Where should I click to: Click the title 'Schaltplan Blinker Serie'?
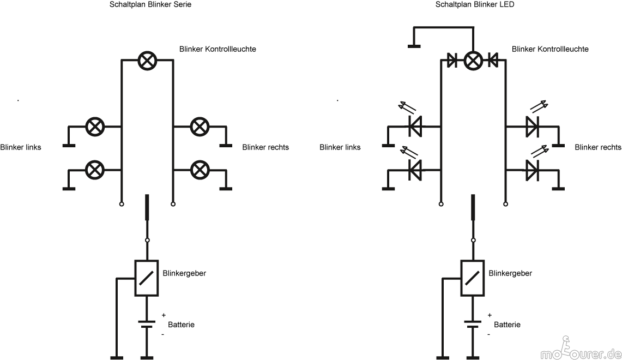pos(150,4)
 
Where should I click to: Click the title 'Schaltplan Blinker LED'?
pos(474,4)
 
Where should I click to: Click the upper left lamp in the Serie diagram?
pos(95,127)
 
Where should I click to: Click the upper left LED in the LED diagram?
pos(415,127)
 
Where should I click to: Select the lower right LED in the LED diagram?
pos(532,170)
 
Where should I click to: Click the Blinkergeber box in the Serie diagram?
pos(146,278)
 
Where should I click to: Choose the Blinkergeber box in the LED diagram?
pos(473,278)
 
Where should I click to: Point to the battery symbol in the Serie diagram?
pos(146,324)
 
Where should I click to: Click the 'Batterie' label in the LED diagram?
pos(507,325)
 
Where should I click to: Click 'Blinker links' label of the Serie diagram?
pos(21,147)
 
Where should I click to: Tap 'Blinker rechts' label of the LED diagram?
pos(597,147)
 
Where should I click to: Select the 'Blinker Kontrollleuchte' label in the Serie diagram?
pos(218,49)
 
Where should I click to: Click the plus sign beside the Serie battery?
pos(164,315)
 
